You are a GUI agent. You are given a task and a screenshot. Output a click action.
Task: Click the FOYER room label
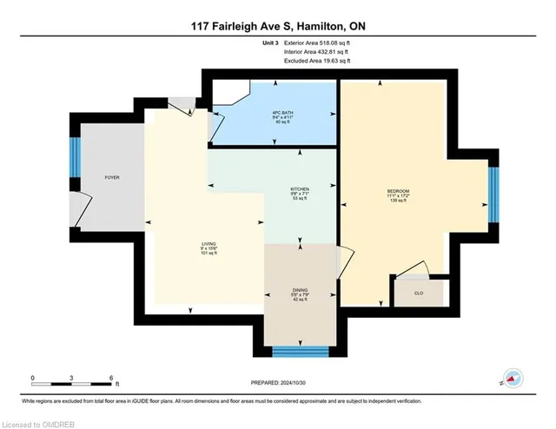[111, 177]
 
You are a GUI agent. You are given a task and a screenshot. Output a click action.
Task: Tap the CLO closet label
[418, 294]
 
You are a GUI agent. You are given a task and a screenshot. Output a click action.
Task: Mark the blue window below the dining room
[300, 352]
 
